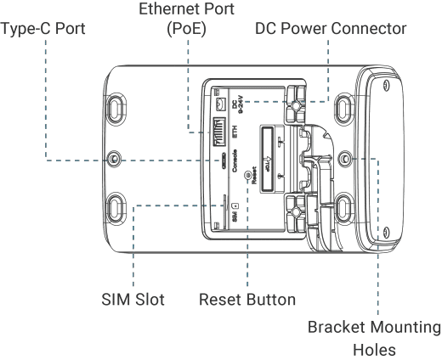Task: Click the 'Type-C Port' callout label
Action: pos(42,29)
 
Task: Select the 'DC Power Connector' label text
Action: pos(331,29)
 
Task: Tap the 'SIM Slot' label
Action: pos(133,300)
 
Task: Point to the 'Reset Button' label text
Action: pos(247,300)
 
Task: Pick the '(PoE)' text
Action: pos(186,29)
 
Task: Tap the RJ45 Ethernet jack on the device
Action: pos(219,132)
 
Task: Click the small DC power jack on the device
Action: pos(220,104)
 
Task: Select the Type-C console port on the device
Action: pos(224,160)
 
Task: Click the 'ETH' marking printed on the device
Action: pos(235,132)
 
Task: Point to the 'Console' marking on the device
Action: pos(235,160)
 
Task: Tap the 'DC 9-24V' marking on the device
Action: pos(237,105)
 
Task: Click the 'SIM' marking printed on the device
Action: pos(235,217)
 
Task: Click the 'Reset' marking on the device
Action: pos(254,175)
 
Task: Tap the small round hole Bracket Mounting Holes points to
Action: pos(345,158)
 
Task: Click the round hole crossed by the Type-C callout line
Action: pos(114,159)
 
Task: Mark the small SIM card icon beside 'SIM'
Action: pos(235,205)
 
